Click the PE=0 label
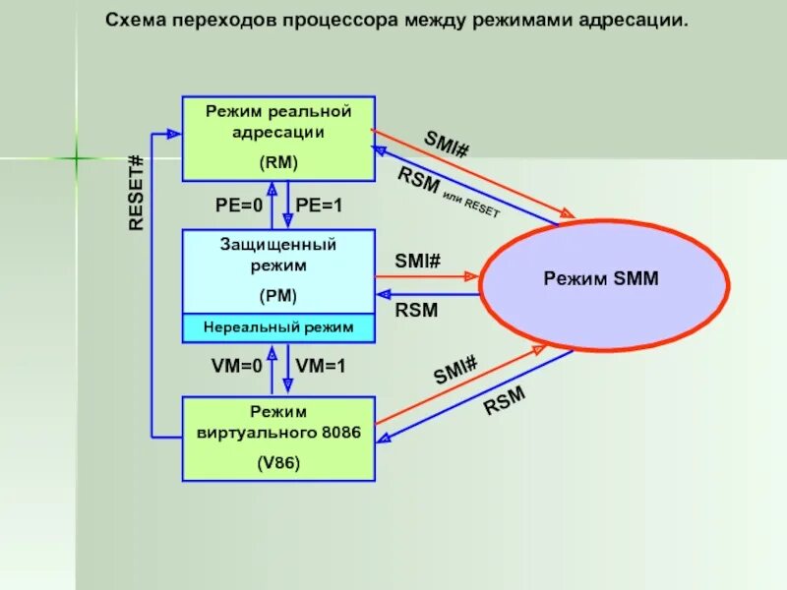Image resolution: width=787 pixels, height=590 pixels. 239,206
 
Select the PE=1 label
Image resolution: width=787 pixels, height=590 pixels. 320,206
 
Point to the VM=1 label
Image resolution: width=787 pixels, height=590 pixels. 321,366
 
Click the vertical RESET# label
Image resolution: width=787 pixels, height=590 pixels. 137,193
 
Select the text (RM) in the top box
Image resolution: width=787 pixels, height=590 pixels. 278,163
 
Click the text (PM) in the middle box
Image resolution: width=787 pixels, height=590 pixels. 278,295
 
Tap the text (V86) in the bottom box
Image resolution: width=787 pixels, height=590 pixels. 278,461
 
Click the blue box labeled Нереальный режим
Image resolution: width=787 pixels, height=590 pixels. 278,327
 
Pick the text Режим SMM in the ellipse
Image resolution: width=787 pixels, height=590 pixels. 601,279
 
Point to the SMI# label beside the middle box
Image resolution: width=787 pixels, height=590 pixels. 418,262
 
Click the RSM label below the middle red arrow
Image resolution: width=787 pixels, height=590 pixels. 416,311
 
